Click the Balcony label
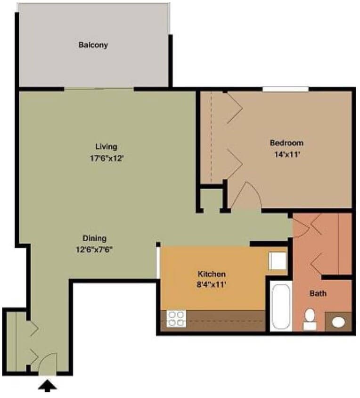pos(93,45)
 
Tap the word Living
pos(106,146)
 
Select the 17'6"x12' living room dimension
pos(106,158)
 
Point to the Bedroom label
pos(286,142)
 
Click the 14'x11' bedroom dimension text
pos(286,154)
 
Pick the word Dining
pos(94,238)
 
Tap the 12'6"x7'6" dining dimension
pos(94,249)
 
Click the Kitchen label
pos(212,274)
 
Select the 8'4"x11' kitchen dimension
pos(212,285)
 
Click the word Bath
pos(318,293)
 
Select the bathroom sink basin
pos(339,322)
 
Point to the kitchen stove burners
pos(177,319)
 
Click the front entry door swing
pos(47,363)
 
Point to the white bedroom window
pos(286,89)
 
